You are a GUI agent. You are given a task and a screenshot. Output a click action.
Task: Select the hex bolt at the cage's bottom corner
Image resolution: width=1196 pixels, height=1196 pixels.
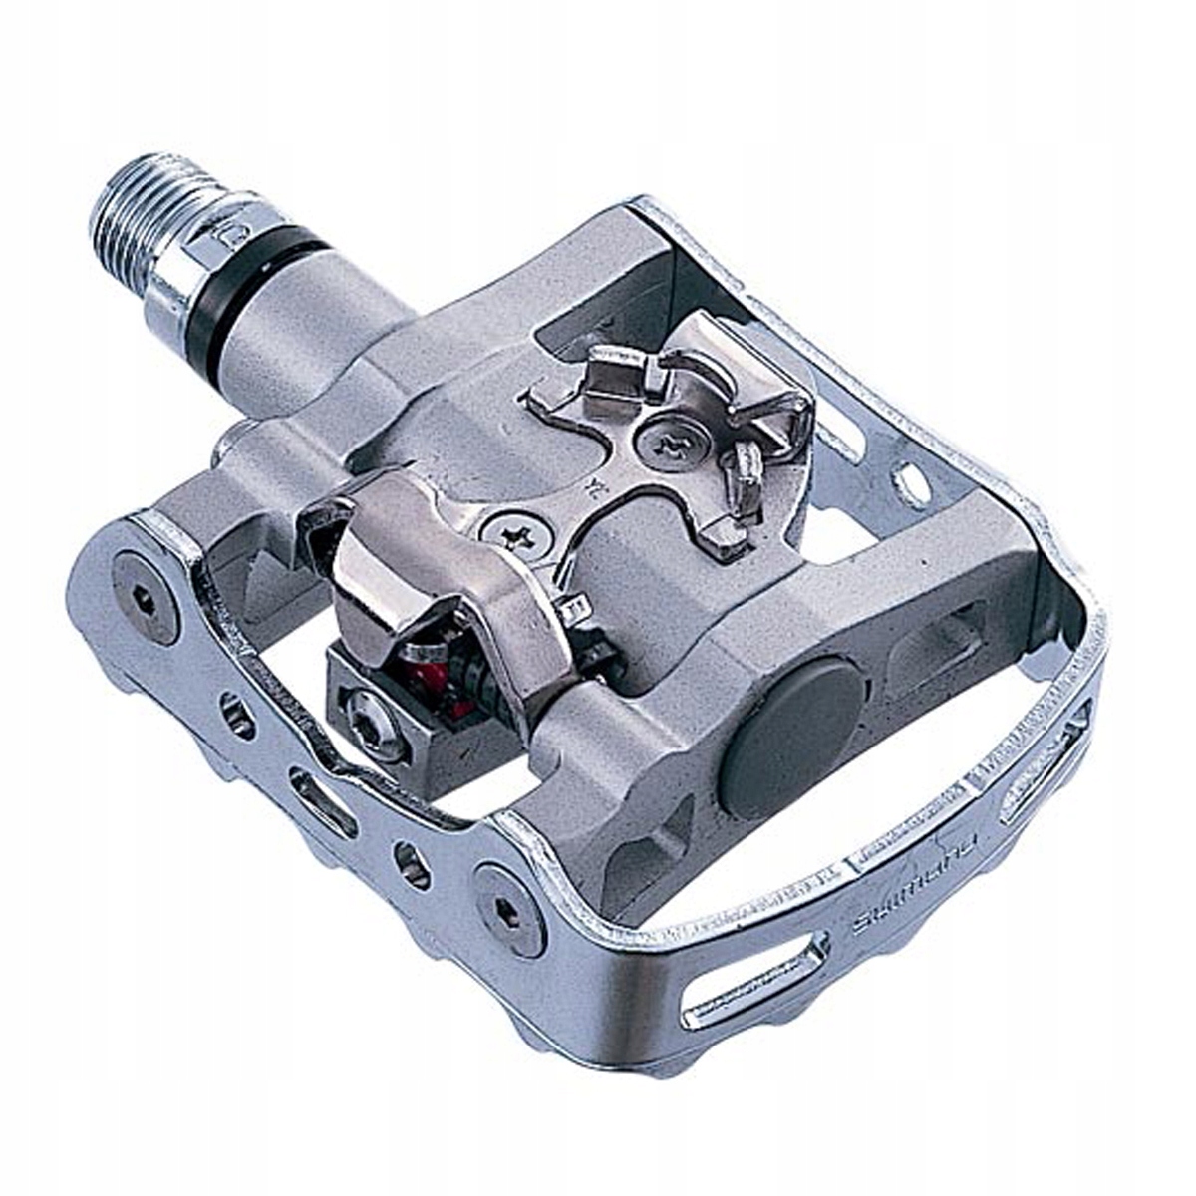[509, 908]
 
